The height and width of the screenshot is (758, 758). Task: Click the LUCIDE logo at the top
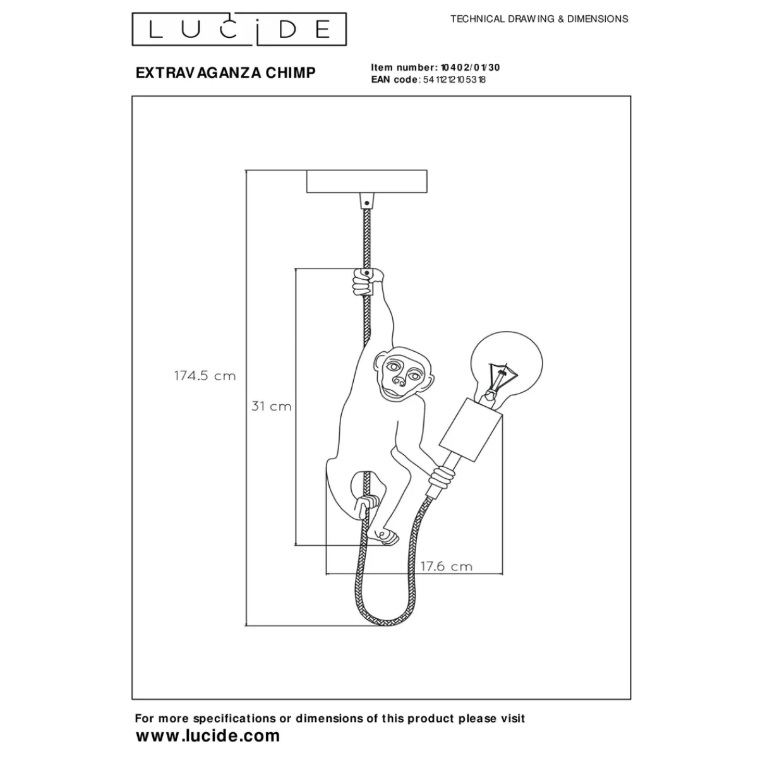click(x=239, y=29)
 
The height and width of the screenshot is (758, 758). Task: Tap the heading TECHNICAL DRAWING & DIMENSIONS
click(x=539, y=19)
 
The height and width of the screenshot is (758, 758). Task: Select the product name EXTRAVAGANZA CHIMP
click(x=226, y=73)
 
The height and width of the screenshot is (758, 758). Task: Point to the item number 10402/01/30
click(x=469, y=68)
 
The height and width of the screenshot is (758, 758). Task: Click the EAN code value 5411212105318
click(x=454, y=80)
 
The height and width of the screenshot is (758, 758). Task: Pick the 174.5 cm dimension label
click(x=205, y=376)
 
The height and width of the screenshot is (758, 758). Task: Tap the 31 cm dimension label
click(x=272, y=406)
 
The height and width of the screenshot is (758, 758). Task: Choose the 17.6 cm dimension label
click(x=446, y=566)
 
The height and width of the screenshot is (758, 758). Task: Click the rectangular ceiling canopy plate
click(x=366, y=181)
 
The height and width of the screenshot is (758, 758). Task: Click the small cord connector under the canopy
click(x=366, y=201)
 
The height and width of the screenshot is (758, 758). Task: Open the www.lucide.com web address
click(x=207, y=735)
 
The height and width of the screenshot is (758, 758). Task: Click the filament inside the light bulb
click(x=502, y=378)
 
